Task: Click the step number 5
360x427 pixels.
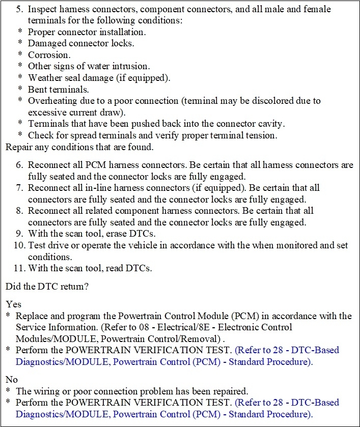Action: click(20, 9)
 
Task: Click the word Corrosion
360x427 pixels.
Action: click(49, 54)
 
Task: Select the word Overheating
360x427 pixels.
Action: click(52, 100)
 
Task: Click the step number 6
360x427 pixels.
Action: click(20, 165)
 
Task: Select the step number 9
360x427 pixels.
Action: click(20, 234)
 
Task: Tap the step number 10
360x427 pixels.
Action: click(18, 246)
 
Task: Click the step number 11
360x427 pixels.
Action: click(18, 268)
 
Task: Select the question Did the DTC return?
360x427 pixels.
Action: click(47, 286)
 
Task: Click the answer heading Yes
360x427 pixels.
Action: click(13, 304)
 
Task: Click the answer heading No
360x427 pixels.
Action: click(12, 379)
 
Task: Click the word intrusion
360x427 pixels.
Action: click(141, 66)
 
